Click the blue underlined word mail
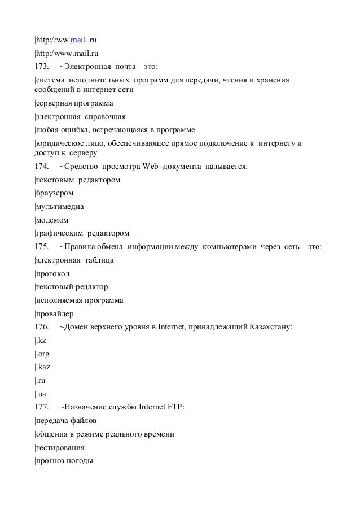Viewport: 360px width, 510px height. (x=78, y=40)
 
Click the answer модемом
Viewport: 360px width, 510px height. (x=54, y=220)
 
